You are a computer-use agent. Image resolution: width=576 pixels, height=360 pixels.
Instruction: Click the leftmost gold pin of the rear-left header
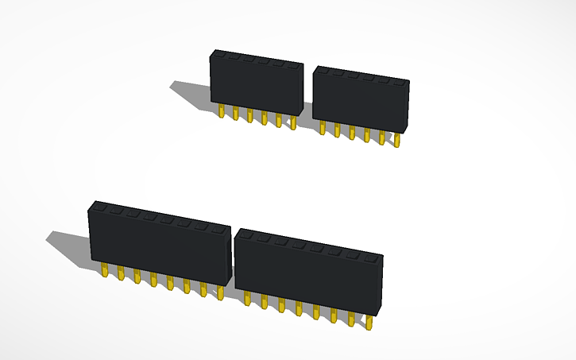[x=221, y=111]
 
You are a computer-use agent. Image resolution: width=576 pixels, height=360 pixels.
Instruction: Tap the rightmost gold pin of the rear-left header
[x=293, y=122]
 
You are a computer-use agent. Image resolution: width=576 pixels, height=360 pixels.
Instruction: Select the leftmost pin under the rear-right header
[x=322, y=127]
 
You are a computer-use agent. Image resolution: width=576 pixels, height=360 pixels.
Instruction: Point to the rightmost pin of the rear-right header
[x=396, y=140]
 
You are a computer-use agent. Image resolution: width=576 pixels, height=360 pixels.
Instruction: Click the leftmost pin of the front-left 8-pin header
[x=105, y=271]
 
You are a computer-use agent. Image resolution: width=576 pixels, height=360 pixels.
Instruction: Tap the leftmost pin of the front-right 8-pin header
[x=247, y=298]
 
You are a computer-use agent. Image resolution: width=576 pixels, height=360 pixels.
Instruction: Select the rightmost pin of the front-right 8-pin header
[x=369, y=322]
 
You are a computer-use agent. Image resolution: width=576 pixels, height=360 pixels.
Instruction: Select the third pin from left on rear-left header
[x=249, y=116]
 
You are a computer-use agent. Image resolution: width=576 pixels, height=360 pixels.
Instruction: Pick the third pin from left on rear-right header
[x=351, y=132]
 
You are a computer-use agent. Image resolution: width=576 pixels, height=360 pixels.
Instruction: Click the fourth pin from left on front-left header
[x=153, y=280]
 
